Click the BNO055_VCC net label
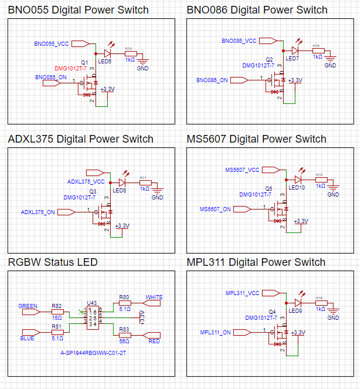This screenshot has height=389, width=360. point(52,44)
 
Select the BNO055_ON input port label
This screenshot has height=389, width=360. point(51,77)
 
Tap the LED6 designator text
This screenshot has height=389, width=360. point(105,61)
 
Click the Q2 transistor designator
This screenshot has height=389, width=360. point(270,60)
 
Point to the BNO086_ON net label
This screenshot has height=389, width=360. point(212,80)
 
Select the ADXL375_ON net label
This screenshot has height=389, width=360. point(38,212)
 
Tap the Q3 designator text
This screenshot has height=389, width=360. point(93,192)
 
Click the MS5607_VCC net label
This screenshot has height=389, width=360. point(242,170)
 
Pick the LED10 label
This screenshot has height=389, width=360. point(297,188)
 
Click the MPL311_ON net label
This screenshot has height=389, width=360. point(215,333)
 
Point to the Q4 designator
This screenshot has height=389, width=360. point(271,312)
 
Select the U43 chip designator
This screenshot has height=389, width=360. point(92,303)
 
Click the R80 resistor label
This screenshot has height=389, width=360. point(124,297)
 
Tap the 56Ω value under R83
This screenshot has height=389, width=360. point(124,341)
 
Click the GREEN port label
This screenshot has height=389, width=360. point(28,306)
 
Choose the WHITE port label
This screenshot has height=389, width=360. point(154,297)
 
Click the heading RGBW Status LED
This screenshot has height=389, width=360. point(53,262)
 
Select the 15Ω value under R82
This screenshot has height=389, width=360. point(57,317)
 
